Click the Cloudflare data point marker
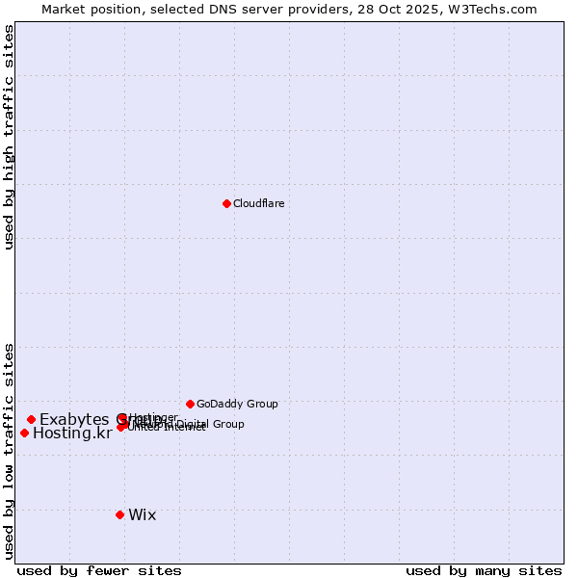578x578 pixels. point(226,203)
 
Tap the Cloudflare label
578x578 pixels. point(258,203)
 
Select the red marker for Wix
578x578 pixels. point(119,514)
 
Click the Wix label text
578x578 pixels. point(142,514)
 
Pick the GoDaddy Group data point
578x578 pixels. point(190,404)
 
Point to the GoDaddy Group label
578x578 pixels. point(237,404)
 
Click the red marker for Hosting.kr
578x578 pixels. point(24,433)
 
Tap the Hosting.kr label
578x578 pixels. point(72,433)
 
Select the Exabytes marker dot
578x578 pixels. point(31,419)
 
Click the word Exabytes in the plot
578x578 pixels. point(75,419)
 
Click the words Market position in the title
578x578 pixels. point(86,9)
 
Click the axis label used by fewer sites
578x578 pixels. point(99,570)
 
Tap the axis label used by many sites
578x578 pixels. point(484,570)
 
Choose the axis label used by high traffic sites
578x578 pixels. point(9,137)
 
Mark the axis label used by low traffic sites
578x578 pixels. point(9,450)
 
